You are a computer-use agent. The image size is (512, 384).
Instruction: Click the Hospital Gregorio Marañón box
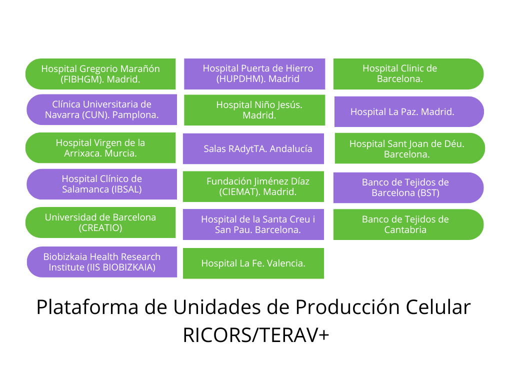(x=100, y=74)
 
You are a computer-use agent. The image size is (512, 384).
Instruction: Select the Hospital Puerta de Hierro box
(x=254, y=74)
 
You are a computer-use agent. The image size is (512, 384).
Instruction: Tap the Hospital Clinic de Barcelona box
(x=408, y=74)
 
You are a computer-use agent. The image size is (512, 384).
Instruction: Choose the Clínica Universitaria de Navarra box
(x=102, y=109)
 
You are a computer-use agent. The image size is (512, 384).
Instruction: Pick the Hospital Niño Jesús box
(x=254, y=110)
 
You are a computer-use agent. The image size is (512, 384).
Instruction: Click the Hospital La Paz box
(x=409, y=111)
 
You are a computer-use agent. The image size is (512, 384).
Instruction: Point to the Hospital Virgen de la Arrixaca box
(x=100, y=148)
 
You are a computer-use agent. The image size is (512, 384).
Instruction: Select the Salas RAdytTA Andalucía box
(x=253, y=148)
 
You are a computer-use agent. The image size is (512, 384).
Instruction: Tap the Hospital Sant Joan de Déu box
(x=410, y=148)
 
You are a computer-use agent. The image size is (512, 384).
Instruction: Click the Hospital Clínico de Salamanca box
(x=102, y=184)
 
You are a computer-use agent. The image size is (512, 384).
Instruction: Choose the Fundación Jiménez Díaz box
(x=253, y=186)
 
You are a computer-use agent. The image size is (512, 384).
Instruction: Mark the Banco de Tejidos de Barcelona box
(x=408, y=188)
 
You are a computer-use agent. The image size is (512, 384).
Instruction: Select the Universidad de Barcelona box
(x=100, y=222)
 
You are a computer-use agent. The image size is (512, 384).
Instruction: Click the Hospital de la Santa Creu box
(x=253, y=224)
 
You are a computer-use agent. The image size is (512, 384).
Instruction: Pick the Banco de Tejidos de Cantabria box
(x=408, y=224)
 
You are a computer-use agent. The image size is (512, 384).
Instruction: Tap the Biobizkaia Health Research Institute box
(x=102, y=262)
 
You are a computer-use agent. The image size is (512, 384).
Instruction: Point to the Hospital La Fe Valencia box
(x=253, y=263)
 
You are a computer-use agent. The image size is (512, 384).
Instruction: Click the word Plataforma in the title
(x=87, y=307)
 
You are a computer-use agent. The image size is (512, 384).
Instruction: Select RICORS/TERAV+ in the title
(x=256, y=335)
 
